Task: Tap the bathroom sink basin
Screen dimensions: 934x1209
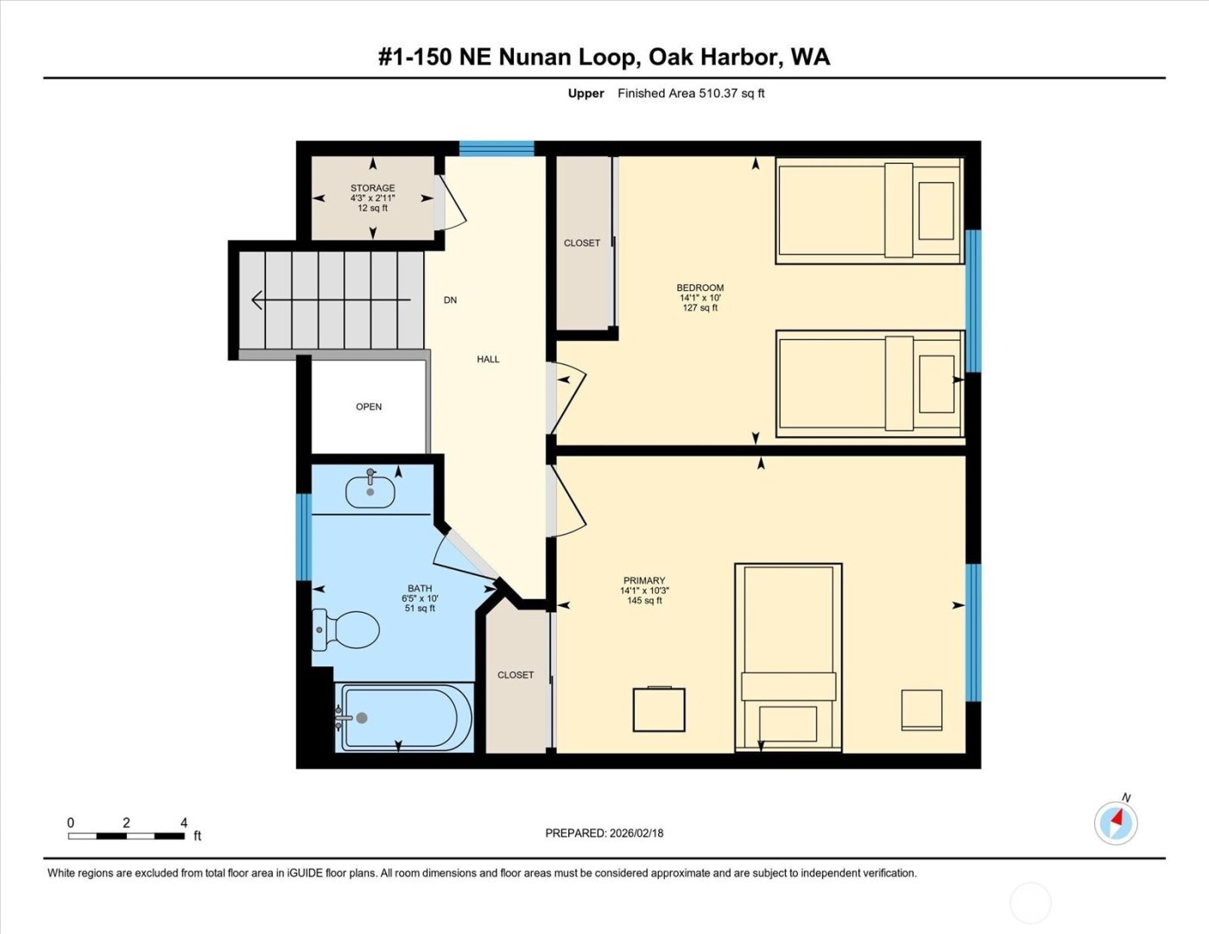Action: click(x=370, y=492)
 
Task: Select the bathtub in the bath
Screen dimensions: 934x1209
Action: click(x=404, y=718)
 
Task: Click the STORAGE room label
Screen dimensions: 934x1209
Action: click(x=372, y=187)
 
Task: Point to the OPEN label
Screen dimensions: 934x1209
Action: click(x=369, y=407)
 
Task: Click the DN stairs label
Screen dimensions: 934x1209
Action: click(x=450, y=300)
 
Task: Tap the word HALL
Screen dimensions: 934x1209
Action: click(x=488, y=359)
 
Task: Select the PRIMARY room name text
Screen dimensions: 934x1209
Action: click(x=644, y=581)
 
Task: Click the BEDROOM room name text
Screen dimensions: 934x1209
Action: click(x=699, y=287)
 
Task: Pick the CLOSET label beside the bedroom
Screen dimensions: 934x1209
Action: click(x=581, y=243)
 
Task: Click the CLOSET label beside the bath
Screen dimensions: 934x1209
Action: click(x=516, y=675)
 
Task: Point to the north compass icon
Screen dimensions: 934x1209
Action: click(x=1116, y=822)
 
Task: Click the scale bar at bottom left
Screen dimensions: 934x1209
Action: click(x=126, y=836)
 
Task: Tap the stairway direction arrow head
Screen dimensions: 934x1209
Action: click(x=256, y=300)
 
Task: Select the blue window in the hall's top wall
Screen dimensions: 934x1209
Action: click(x=497, y=148)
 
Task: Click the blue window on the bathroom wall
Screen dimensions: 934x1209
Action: click(x=303, y=537)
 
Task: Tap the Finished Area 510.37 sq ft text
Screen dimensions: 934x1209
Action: click(x=691, y=93)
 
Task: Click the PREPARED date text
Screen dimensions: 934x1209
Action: click(x=604, y=833)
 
